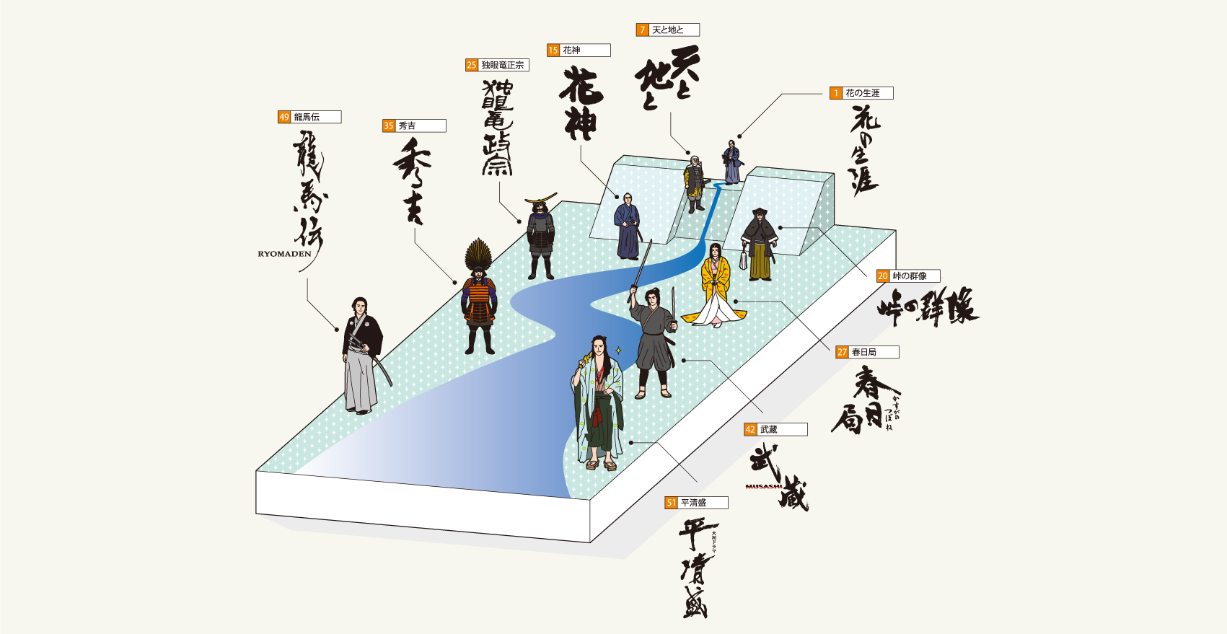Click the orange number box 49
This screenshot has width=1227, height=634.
click(284, 117)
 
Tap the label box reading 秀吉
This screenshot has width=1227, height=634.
click(421, 126)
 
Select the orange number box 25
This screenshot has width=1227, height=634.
click(472, 65)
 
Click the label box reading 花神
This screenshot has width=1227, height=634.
click(585, 50)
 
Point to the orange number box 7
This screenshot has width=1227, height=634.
click(642, 30)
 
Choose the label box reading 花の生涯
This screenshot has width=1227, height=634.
click(868, 93)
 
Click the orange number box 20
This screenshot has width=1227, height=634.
click(883, 276)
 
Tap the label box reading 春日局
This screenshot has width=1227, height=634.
click(874, 352)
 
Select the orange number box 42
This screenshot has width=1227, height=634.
click(750, 429)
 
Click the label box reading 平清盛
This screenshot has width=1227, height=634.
click(703, 503)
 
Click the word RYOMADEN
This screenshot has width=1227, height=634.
click(284, 254)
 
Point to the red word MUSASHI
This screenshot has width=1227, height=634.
click(764, 486)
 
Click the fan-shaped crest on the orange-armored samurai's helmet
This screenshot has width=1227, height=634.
click(478, 255)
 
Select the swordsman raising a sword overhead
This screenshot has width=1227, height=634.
click(653, 339)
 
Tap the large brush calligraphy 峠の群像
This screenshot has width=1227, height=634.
click(928, 307)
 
